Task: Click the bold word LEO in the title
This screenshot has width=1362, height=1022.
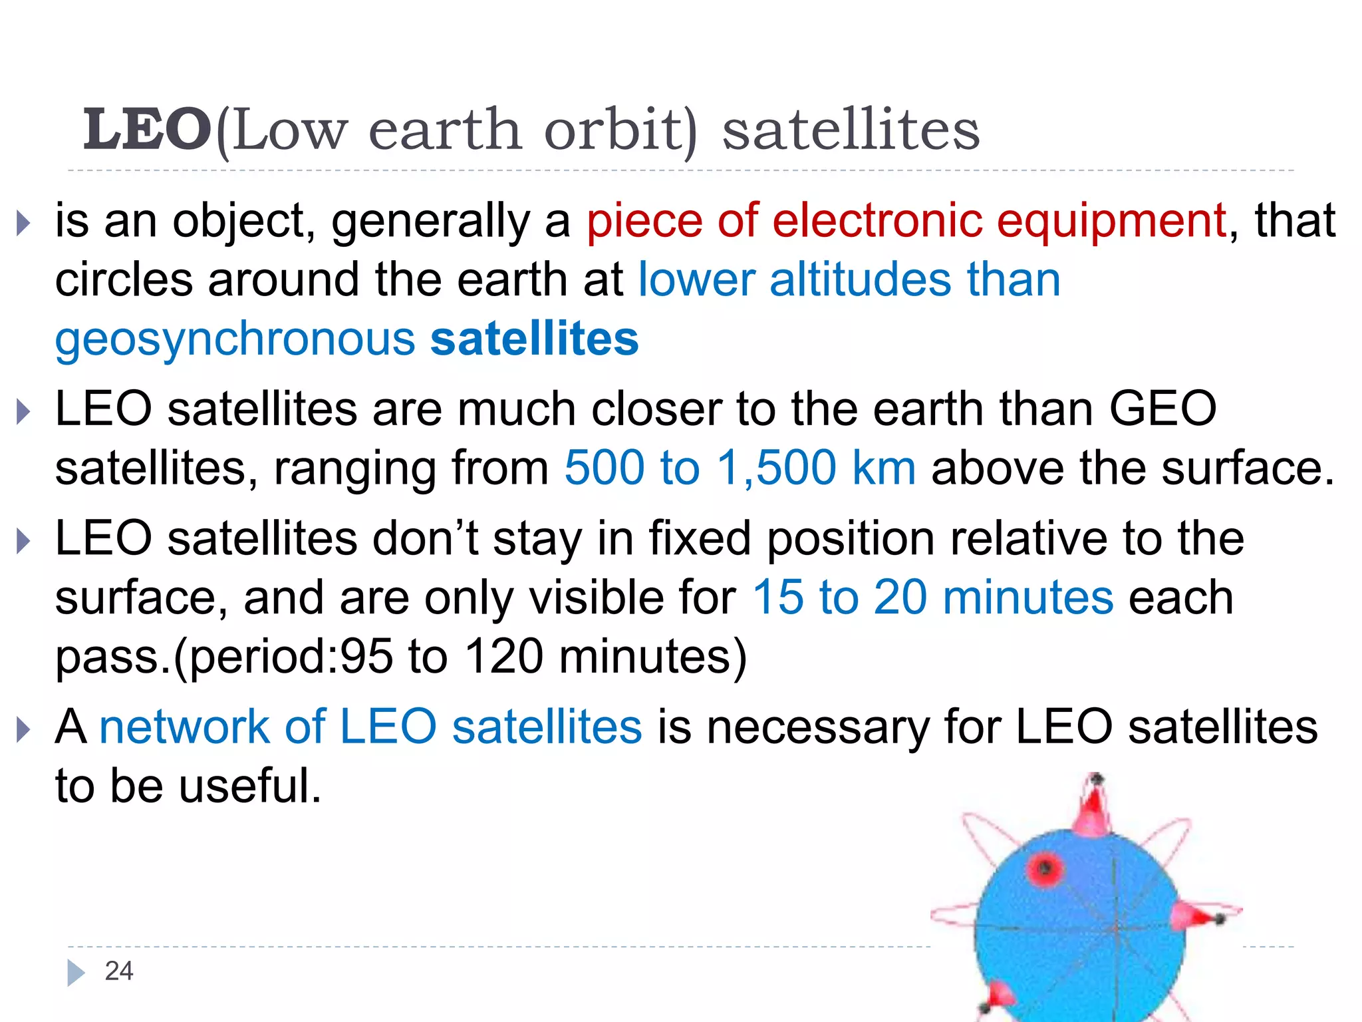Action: (147, 130)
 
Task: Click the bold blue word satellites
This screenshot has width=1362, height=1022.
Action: (535, 339)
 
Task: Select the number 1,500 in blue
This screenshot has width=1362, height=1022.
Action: (777, 468)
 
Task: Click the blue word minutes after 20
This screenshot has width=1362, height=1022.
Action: (1027, 597)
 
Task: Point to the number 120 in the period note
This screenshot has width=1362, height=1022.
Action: (503, 657)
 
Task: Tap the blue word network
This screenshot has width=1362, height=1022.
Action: (184, 726)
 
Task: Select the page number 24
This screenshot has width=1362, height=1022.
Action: (119, 971)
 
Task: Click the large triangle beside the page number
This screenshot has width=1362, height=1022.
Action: (76, 973)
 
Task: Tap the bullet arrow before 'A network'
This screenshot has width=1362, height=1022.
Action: (23, 729)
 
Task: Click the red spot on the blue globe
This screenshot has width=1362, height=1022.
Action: (1045, 868)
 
